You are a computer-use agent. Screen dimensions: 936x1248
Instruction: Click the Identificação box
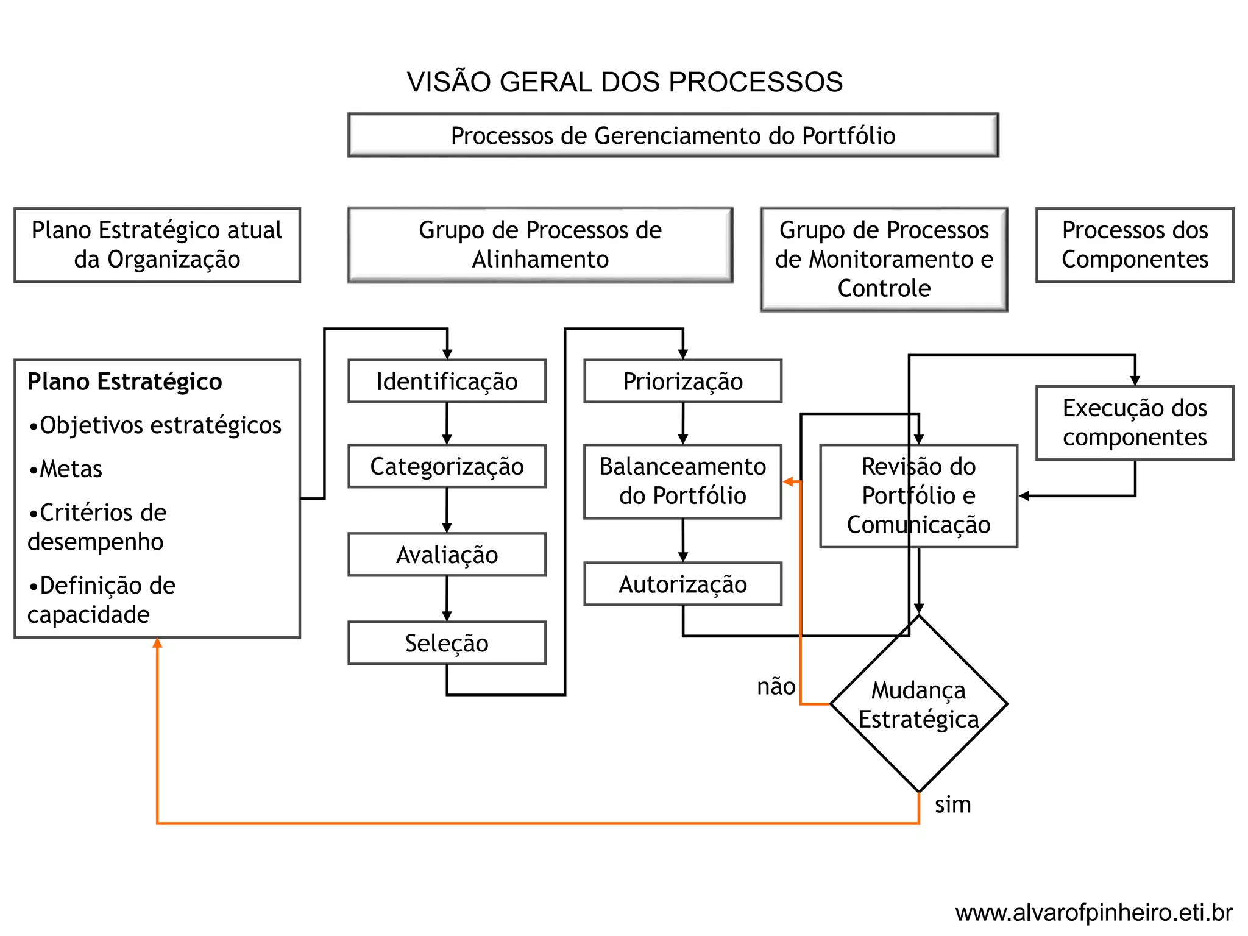(x=447, y=381)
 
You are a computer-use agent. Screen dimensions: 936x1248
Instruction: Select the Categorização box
(x=447, y=466)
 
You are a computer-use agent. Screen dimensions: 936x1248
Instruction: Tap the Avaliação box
(x=447, y=555)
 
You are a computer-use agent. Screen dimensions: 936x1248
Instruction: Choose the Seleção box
(x=447, y=643)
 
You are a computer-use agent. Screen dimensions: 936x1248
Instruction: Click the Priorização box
(x=682, y=381)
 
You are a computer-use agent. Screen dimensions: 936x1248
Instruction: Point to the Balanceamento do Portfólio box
(x=682, y=481)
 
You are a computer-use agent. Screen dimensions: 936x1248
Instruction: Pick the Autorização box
(x=682, y=584)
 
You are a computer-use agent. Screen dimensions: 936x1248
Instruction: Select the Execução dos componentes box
(x=1135, y=422)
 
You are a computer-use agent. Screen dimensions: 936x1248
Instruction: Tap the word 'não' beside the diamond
(x=776, y=687)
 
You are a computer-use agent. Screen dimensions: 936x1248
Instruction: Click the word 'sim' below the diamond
(x=952, y=804)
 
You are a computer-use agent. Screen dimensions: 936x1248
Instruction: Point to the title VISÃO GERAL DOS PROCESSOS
(x=625, y=82)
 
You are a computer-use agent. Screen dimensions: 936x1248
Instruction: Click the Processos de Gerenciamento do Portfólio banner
(x=673, y=135)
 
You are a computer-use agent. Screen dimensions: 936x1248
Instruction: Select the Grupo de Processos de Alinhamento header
(x=540, y=244)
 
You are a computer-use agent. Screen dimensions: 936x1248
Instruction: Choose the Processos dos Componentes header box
(x=1135, y=244)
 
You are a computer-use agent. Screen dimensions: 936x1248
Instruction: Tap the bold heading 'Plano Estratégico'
(x=125, y=381)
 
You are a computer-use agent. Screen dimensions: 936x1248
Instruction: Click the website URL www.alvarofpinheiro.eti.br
(x=1094, y=913)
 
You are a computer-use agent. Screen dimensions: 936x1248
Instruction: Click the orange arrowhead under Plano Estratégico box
(x=157, y=643)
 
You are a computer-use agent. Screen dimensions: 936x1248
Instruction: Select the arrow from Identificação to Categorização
(x=447, y=424)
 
